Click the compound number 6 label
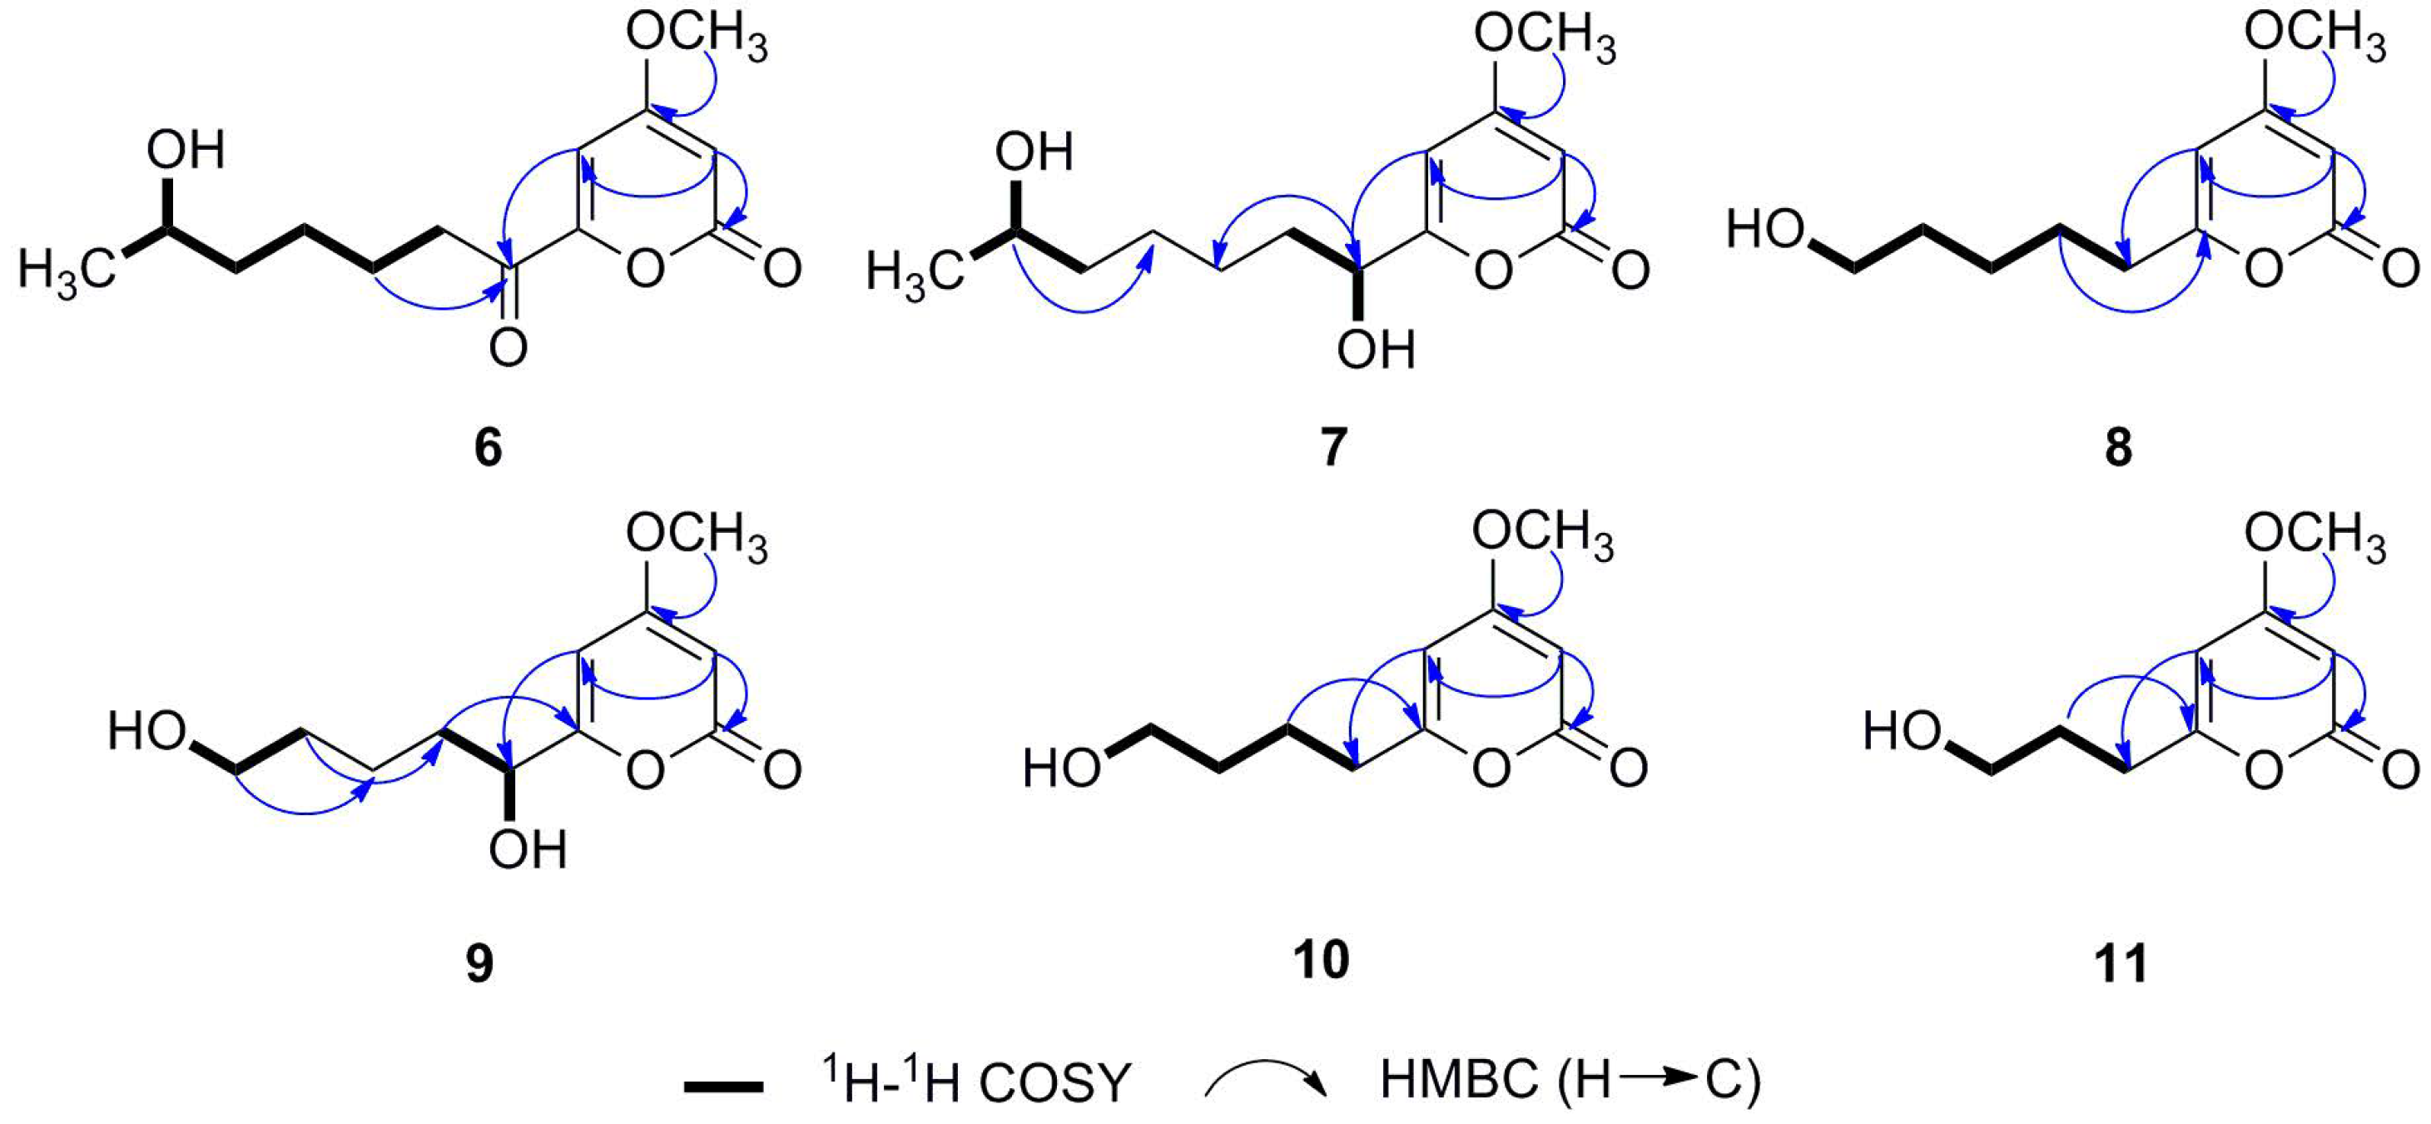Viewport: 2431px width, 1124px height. [x=488, y=446]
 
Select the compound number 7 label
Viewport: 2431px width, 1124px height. [x=1332, y=446]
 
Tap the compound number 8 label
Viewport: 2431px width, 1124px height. [x=2119, y=446]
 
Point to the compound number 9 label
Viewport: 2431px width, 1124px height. [x=479, y=963]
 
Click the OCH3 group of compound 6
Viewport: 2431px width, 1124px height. [x=697, y=40]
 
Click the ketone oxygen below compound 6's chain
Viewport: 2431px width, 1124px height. [x=509, y=348]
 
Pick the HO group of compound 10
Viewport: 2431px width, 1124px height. [x=1063, y=768]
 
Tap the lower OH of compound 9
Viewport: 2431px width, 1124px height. [x=528, y=850]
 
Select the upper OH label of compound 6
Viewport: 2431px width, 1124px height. [x=186, y=151]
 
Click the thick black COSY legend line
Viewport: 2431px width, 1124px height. [x=724, y=1087]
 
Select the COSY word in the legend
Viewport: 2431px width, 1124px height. [x=1054, y=1084]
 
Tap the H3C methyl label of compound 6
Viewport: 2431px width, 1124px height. [x=66, y=274]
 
